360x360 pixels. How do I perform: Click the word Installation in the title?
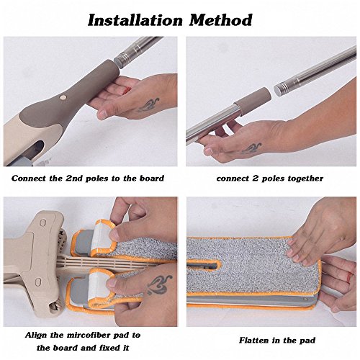[x=135, y=20]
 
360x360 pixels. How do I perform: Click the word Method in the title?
[x=220, y=19]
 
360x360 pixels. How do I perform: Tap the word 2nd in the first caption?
[x=75, y=179]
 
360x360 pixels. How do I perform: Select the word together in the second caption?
[x=305, y=179]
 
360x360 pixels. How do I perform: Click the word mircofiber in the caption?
[x=85, y=335]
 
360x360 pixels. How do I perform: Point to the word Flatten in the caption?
[x=254, y=340]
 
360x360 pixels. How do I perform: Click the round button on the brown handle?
[x=63, y=97]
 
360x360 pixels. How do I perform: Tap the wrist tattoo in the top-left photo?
[x=148, y=105]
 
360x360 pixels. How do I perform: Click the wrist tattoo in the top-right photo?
[x=251, y=148]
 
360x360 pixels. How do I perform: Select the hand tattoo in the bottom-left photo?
[x=160, y=285]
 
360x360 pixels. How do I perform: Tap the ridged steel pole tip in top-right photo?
[x=283, y=89]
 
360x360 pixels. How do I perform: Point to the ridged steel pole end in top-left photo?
[x=123, y=59]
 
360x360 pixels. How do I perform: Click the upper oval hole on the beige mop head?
[x=42, y=222]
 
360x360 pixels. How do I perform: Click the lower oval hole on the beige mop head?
[x=37, y=282]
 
